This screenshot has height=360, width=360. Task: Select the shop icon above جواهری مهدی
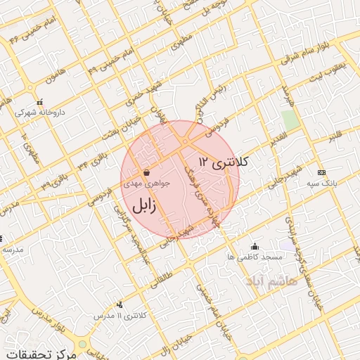146,172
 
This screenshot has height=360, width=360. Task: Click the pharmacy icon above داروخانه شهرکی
39,101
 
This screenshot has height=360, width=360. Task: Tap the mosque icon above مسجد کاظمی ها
255,247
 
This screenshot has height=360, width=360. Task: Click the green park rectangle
290,119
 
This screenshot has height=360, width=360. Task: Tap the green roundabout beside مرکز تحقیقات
82,345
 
